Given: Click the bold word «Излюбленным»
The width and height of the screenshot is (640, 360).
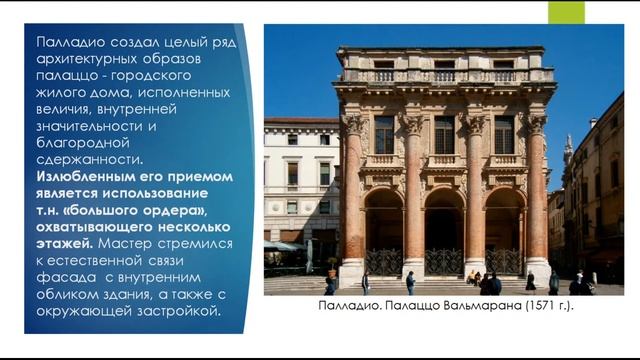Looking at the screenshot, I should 84,177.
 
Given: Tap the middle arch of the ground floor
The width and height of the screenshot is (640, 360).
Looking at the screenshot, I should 444,235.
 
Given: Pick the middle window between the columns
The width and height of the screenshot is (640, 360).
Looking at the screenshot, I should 444,134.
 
